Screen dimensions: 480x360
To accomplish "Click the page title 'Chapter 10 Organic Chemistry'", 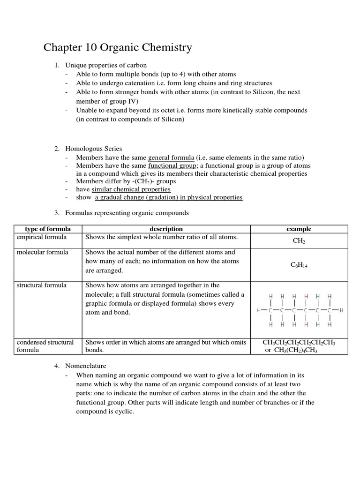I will point(118,48).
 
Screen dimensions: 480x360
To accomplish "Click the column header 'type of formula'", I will point(48,229).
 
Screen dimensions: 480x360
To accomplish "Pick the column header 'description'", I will point(166,229).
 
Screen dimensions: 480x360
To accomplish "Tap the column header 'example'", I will point(299,229).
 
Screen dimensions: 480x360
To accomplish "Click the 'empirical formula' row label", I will point(42,237).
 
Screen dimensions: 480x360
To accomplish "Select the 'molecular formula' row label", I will point(42,252).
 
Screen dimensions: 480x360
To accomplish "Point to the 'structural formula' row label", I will point(42,285).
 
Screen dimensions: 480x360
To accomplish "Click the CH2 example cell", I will point(299,241).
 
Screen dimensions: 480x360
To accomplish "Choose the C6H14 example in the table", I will point(299,265).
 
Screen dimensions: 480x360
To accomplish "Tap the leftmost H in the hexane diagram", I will point(259,310).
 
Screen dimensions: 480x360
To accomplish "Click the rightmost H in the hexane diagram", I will point(341,310).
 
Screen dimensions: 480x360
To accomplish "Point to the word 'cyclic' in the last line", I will point(123,411).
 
